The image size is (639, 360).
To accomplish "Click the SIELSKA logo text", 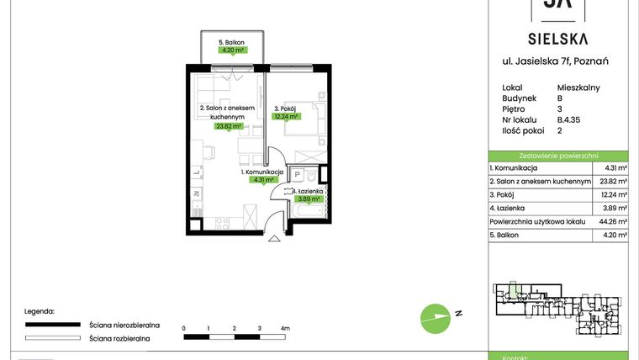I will (x=557, y=38).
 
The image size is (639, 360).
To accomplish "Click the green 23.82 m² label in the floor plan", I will (x=228, y=127).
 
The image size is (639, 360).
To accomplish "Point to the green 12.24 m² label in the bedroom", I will (x=287, y=118).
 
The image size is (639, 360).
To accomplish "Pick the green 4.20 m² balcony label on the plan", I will (x=232, y=50).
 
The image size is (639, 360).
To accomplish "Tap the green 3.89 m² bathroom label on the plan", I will (x=309, y=199).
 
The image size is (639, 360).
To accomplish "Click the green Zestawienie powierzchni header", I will (x=558, y=156).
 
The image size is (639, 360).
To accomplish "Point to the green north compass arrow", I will (x=436, y=317).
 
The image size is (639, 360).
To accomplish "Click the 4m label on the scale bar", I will (x=285, y=327).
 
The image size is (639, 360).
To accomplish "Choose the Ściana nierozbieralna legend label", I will (x=119, y=324).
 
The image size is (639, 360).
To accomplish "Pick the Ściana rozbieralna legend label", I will (x=119, y=338).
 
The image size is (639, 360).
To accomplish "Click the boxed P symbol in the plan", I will (x=297, y=173).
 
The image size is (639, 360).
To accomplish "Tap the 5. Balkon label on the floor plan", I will (x=231, y=42).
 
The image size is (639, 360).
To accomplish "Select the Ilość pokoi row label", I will (x=521, y=131).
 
